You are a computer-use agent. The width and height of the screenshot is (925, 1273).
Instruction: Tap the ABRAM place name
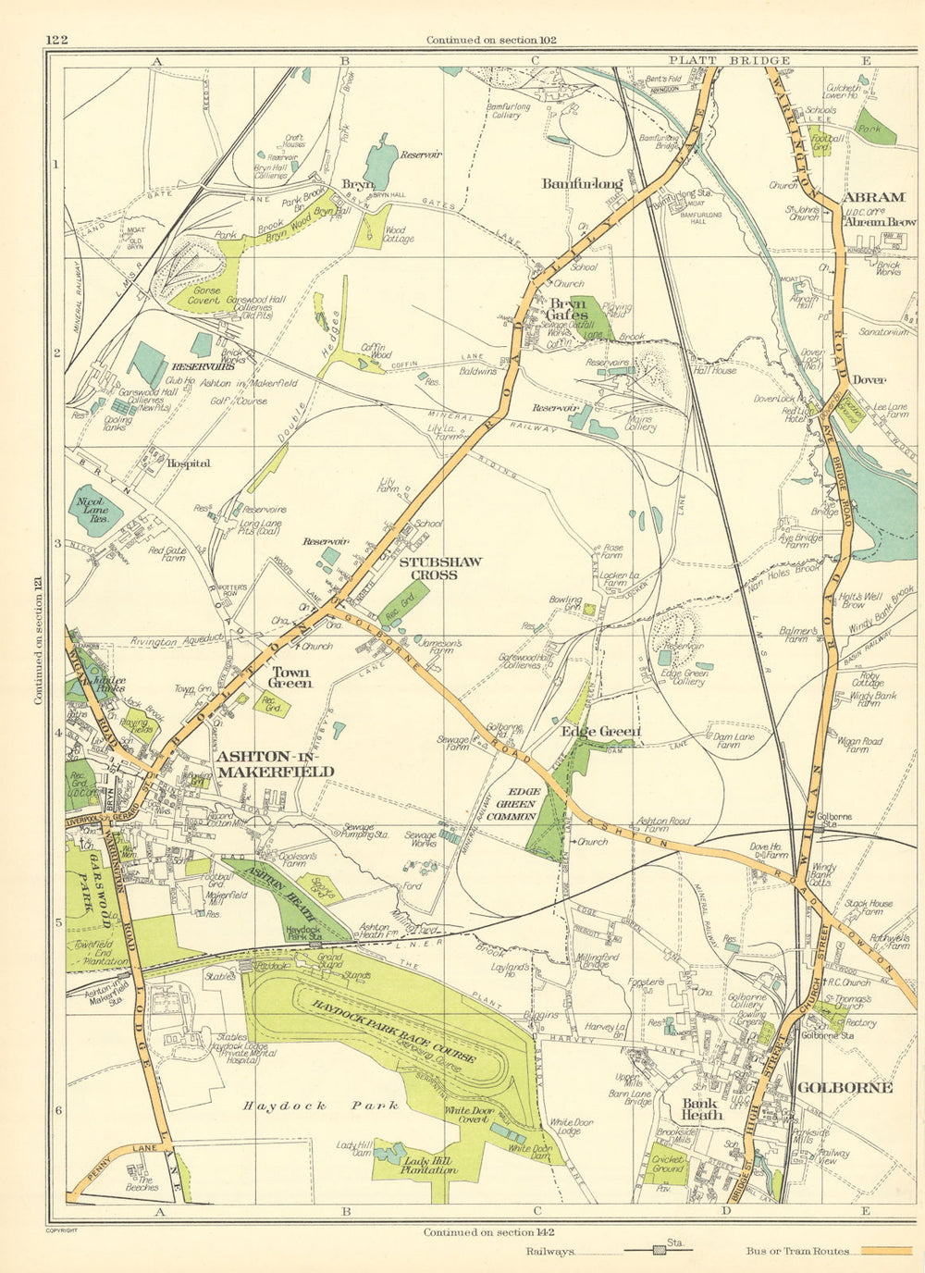(873, 197)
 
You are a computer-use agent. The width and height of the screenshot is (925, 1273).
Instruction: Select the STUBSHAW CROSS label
(428, 568)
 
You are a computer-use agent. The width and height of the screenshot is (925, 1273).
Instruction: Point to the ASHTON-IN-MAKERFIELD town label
(275, 763)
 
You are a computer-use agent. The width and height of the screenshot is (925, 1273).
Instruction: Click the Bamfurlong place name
(582, 183)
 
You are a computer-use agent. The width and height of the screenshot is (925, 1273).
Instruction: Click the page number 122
(56, 39)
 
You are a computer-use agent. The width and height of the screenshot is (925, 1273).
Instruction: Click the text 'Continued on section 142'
(488, 1231)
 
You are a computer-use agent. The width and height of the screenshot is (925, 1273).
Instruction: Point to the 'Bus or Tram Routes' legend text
(797, 1251)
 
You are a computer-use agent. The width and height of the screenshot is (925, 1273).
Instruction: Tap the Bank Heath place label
(701, 1108)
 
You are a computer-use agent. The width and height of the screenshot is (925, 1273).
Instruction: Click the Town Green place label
(290, 677)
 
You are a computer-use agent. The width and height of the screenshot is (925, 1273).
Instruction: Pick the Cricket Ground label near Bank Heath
(668, 1163)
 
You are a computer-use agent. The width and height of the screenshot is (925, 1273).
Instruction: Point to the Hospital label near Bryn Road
(189, 463)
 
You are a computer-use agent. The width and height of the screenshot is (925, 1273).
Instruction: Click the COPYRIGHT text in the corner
(61, 1230)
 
